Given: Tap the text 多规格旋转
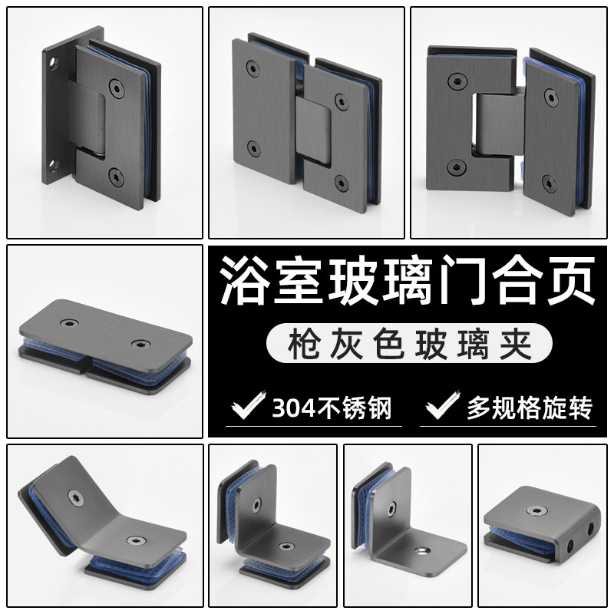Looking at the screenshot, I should (x=530, y=408).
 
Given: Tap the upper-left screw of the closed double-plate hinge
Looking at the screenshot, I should (x=253, y=68).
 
